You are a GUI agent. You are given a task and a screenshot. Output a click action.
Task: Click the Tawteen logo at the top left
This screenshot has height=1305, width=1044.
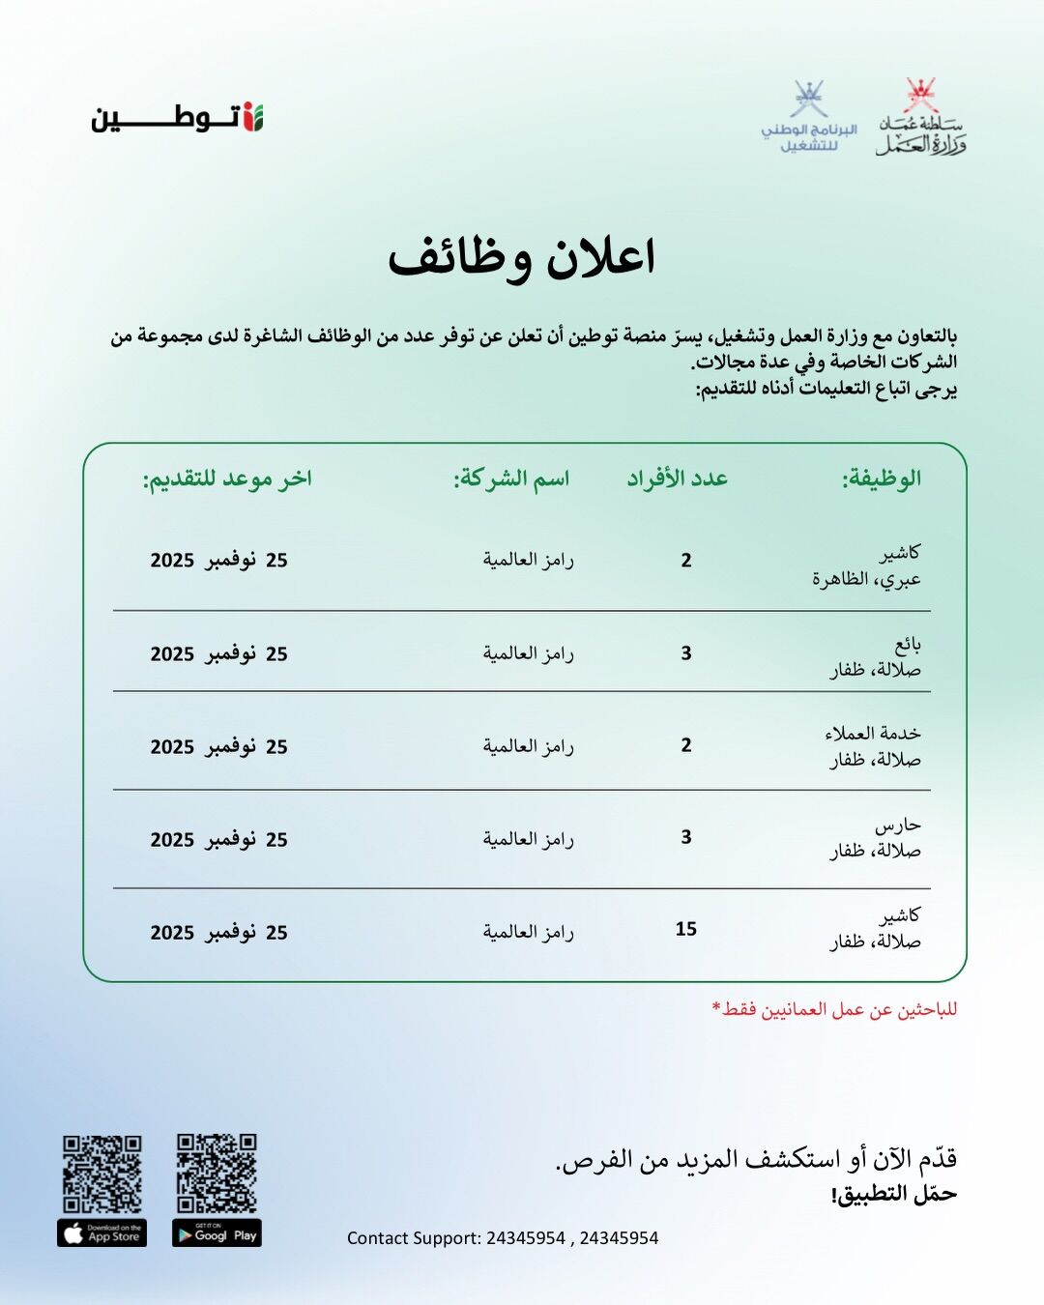coord(178,118)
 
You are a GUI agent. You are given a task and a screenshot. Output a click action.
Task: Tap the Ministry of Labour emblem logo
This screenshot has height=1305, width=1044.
coord(921,118)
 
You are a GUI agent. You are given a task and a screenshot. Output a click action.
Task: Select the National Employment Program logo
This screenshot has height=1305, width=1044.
coord(809,118)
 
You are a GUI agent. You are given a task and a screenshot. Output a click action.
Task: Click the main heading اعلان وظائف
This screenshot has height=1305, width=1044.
coord(522,258)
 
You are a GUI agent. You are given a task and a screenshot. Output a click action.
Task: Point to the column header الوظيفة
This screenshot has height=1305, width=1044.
coord(881,478)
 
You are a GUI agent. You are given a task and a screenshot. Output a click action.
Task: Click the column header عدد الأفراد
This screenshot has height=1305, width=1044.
coord(677,478)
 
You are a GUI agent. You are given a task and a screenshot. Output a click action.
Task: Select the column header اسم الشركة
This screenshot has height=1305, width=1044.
coord(511,478)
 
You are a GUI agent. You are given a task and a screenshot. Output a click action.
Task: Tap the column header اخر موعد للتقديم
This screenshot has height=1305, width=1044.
coord(227,478)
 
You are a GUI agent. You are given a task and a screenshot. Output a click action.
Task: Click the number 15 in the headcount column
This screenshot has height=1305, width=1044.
coord(686,929)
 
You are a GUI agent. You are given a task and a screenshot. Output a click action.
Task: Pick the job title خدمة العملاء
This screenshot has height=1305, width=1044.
coord(873,734)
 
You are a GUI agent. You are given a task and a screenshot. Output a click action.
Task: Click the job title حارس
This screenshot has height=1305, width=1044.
coord(898,826)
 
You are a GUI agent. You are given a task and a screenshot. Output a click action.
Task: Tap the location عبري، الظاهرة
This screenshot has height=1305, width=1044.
coord(866,579)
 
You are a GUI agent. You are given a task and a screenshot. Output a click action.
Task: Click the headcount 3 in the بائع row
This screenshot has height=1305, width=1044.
coord(686,653)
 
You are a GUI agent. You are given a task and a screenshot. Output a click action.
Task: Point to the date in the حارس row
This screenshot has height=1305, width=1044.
coord(219,840)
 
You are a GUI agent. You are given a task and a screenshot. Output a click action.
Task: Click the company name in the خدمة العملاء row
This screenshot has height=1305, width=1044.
coord(529,746)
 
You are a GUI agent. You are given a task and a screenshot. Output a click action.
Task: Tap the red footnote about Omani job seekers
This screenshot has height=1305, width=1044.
coord(834,1009)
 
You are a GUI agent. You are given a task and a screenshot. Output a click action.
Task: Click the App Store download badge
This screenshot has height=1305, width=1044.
coord(102,1234)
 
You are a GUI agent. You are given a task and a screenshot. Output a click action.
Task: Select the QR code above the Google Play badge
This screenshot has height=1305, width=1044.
coord(217,1173)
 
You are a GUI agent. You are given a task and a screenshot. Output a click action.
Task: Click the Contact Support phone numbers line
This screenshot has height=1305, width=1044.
coord(503,1238)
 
